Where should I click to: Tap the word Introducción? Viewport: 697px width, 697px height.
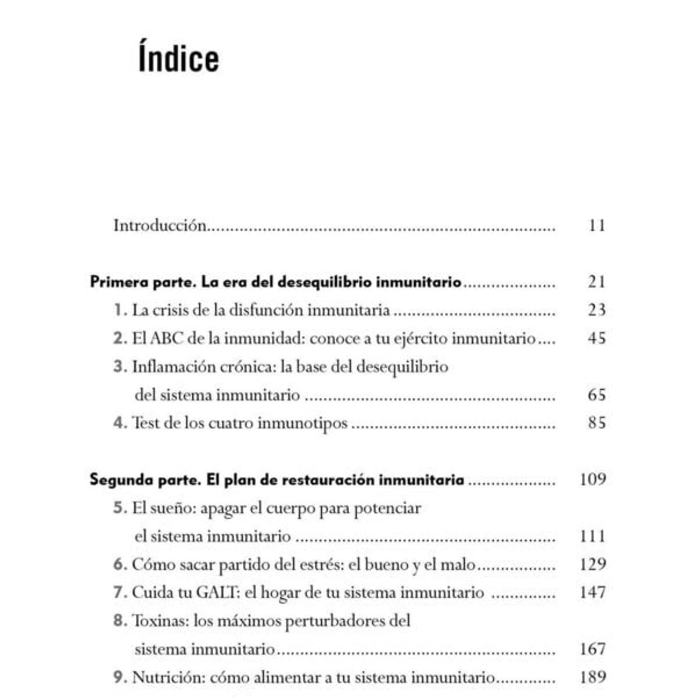coord(160,225)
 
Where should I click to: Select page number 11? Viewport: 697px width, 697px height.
coord(597,225)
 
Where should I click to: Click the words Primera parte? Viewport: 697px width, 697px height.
coord(143,282)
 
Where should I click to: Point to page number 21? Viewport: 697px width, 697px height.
coord(597,282)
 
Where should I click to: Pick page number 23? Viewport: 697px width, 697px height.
coord(597,310)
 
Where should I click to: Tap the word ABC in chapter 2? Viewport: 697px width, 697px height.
coord(167,339)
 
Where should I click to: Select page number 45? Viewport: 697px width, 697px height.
coord(597,339)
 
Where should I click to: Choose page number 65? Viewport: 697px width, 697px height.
coord(597,395)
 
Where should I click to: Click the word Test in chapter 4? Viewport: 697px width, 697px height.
coord(146,423)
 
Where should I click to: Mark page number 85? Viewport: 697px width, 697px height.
coord(597,423)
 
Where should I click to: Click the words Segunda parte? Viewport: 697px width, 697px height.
coord(145,480)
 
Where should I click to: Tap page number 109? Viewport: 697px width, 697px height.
coord(592,479)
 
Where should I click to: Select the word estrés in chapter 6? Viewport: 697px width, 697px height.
coord(320,565)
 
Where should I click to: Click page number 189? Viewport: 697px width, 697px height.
coord(592,677)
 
